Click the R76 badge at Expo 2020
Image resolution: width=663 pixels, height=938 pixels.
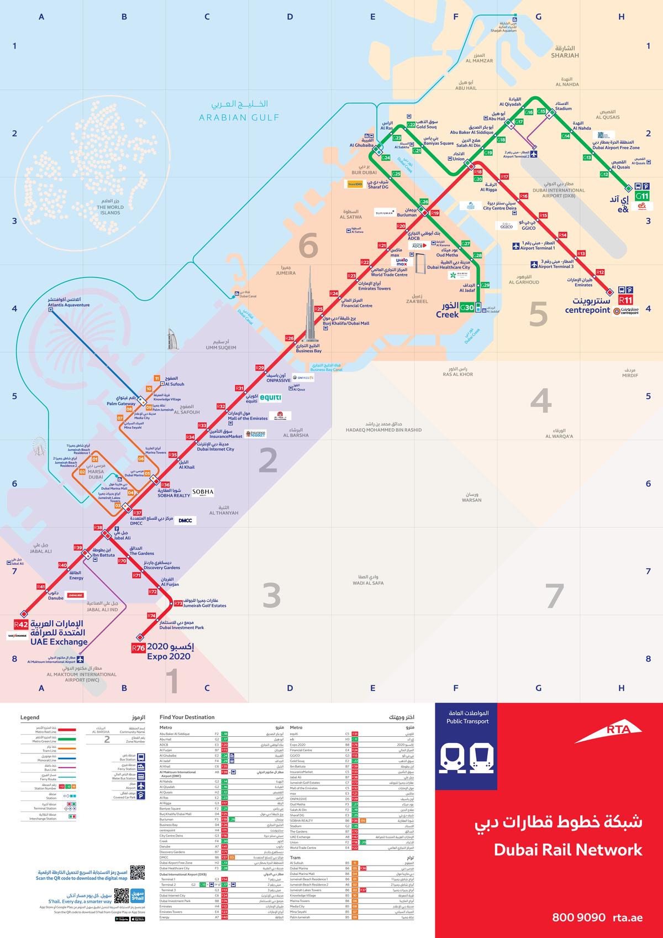(x=138, y=648)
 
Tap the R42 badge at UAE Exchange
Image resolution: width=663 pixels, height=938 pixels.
(x=21, y=625)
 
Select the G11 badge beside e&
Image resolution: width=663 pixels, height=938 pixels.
(x=642, y=196)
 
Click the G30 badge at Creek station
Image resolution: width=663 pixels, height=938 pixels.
(x=467, y=308)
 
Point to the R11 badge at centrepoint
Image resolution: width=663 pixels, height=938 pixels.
(x=625, y=300)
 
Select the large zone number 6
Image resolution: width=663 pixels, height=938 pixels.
(x=308, y=245)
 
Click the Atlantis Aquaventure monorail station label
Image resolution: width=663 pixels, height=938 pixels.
(x=69, y=302)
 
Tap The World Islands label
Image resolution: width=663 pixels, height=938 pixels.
(x=110, y=207)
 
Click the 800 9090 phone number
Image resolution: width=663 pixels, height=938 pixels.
(x=578, y=918)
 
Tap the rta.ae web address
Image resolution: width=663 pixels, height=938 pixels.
(x=628, y=918)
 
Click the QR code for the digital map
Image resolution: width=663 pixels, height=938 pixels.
(x=137, y=873)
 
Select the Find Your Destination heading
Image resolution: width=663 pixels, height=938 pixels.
(x=187, y=717)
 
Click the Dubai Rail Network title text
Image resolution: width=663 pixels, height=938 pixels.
(x=568, y=850)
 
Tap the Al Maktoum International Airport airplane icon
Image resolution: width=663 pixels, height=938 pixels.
(x=80, y=659)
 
